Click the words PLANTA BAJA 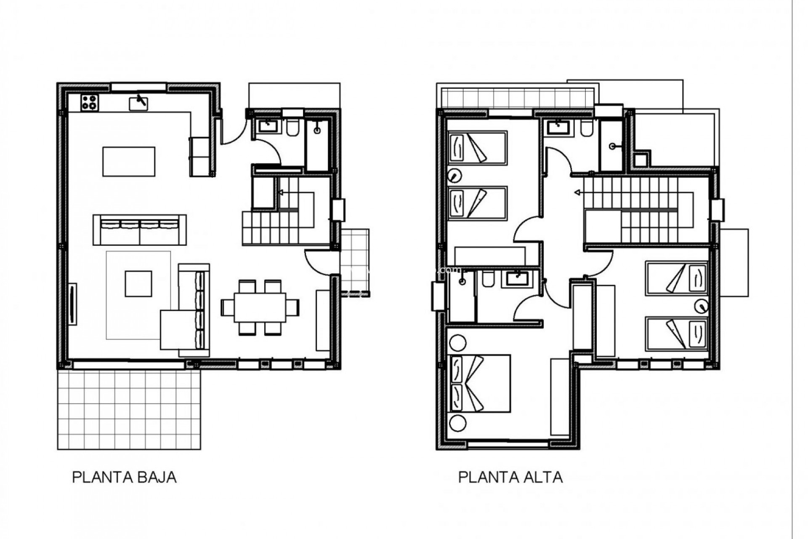(x=124, y=477)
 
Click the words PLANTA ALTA (x=510, y=477)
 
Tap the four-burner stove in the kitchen (x=90, y=102)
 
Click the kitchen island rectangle (x=129, y=161)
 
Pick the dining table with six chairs (x=260, y=307)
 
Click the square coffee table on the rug (x=138, y=283)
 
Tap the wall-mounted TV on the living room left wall (x=72, y=304)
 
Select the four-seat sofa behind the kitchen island (x=140, y=229)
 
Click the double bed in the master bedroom (x=480, y=383)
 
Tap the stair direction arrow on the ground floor (x=281, y=193)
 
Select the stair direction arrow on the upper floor (x=578, y=193)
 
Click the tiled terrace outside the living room (x=129, y=410)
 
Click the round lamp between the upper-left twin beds (x=454, y=174)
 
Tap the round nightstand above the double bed (x=457, y=343)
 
